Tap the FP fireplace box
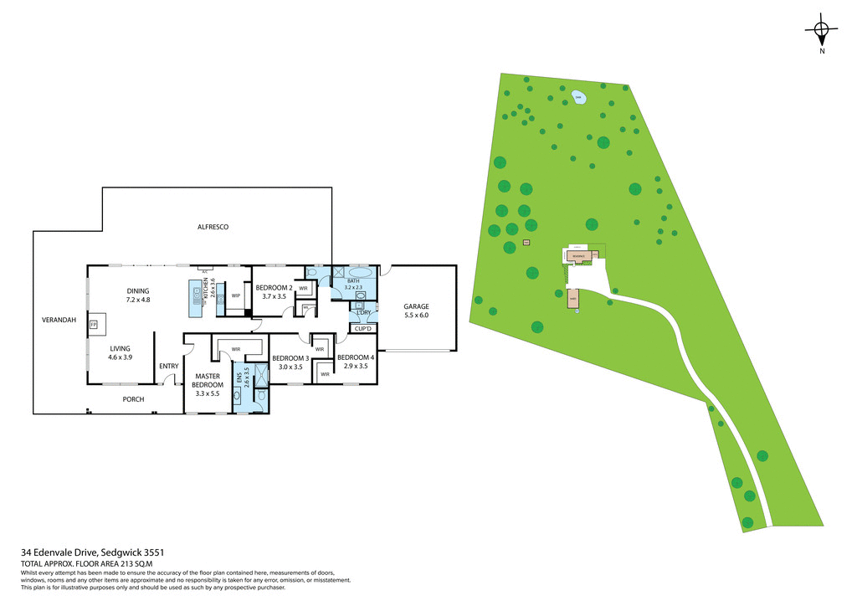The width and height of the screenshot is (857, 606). [x=94, y=323]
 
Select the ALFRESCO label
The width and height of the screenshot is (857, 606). [x=213, y=227]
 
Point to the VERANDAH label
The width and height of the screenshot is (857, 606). [x=59, y=321]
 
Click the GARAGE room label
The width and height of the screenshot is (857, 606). [x=416, y=306]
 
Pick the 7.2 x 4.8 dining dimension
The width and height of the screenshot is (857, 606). [x=137, y=300]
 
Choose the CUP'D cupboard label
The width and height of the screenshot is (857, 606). [x=362, y=329]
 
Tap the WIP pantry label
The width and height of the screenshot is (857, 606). [x=236, y=295]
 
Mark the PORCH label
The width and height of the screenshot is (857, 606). [x=133, y=399]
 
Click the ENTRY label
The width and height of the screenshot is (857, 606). [x=169, y=366]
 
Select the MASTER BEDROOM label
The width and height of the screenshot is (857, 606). [x=207, y=380]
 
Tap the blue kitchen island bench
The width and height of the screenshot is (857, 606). [x=198, y=295]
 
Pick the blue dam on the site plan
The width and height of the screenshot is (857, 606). [x=578, y=99]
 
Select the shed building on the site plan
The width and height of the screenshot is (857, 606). [x=572, y=299]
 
